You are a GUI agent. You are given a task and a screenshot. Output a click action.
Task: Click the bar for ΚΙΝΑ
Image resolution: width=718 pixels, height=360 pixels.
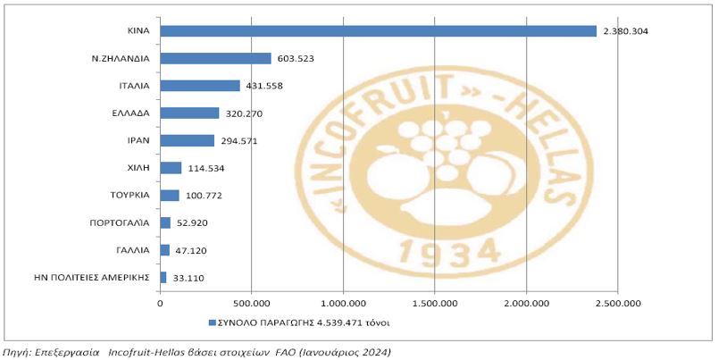tap(378, 31)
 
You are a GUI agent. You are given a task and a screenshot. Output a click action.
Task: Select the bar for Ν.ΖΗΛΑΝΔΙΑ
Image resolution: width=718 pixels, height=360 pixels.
tap(215, 58)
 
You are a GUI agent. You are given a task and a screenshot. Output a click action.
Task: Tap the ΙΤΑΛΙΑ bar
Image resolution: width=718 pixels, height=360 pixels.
tap(200, 86)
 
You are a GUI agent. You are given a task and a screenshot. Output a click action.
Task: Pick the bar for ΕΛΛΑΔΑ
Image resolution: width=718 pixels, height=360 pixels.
tap(189, 113)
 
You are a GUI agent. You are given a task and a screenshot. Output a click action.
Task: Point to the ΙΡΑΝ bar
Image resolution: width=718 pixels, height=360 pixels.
tap(187, 140)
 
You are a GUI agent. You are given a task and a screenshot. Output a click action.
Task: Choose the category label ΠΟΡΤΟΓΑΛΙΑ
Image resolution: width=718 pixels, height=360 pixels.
tap(119, 222)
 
